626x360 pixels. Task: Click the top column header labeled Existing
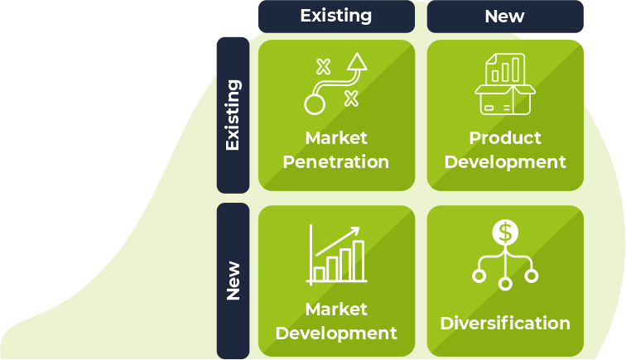click(335, 16)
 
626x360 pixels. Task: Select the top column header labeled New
click(504, 16)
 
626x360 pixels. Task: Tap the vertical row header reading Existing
click(233, 114)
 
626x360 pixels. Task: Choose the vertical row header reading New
click(233, 281)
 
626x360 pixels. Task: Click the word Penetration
click(335, 161)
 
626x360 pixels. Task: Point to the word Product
click(504, 137)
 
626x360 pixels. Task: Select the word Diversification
click(504, 323)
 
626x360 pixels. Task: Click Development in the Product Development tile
click(504, 161)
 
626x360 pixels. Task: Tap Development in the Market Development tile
click(335, 334)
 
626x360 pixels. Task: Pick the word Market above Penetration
click(335, 137)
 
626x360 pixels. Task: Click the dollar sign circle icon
click(504, 233)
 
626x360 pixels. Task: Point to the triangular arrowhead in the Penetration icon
click(357, 62)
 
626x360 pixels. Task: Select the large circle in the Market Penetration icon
click(315, 104)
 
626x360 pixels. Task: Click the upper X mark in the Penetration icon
click(323, 66)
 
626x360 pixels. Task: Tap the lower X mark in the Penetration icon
click(351, 99)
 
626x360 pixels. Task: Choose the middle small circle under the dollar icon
click(504, 283)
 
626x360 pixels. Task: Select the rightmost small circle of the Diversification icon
click(531, 275)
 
